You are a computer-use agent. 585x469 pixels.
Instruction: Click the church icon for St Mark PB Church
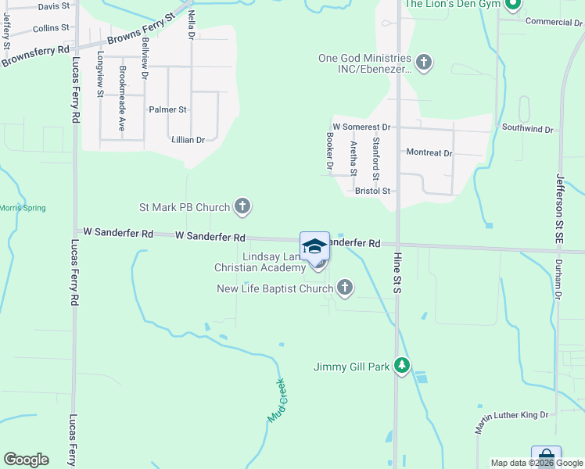click(242, 207)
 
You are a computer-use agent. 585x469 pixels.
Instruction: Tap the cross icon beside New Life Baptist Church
click(344, 289)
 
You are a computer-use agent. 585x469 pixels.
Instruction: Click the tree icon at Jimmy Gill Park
click(402, 366)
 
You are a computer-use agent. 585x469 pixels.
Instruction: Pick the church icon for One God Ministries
click(423, 63)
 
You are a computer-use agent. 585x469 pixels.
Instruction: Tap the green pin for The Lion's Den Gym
click(513, 6)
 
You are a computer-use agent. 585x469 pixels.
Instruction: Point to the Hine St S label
click(397, 277)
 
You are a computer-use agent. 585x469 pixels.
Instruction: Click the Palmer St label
click(168, 109)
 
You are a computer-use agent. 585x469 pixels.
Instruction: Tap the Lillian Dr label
click(188, 140)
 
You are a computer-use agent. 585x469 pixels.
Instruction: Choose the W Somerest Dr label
click(361, 127)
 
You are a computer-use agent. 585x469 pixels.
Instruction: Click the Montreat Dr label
click(429, 153)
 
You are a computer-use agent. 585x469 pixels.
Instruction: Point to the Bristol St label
click(372, 191)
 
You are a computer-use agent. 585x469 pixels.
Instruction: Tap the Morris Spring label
click(23, 208)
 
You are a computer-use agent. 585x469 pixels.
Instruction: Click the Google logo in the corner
click(26, 460)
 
